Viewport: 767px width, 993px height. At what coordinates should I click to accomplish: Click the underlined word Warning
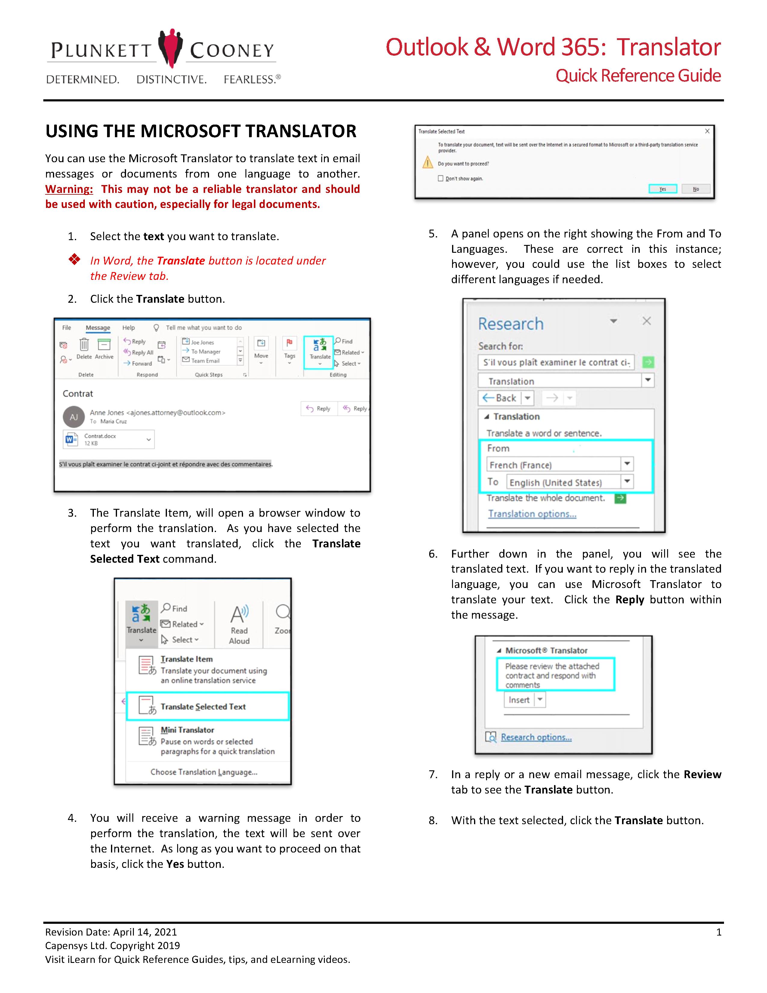click(x=69, y=189)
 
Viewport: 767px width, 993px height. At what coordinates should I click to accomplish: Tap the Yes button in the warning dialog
click(x=663, y=189)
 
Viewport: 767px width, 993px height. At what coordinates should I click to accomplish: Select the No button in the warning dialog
click(x=696, y=189)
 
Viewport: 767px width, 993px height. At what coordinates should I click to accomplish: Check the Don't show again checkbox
click(x=440, y=178)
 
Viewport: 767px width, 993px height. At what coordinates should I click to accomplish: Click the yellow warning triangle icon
click(x=428, y=162)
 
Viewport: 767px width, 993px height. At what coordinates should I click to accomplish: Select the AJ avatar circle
click(x=74, y=417)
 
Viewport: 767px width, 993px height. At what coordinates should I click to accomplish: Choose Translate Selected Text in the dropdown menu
click(x=203, y=707)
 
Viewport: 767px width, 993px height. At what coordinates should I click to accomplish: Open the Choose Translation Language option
click(x=204, y=772)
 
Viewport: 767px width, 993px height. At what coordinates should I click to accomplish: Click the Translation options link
click(x=532, y=514)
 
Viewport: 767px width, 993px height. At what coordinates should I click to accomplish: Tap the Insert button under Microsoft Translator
click(x=519, y=700)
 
